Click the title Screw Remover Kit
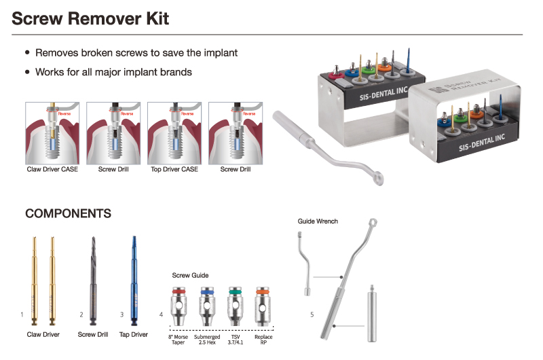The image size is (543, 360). point(90,18)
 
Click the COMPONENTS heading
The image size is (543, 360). point(68,213)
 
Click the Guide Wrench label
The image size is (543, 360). point(318,221)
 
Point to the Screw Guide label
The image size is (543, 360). point(190,275)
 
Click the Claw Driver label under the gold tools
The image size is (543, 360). point(43,334)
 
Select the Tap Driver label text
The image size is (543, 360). point(134,334)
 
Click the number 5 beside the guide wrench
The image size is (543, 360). point(312,314)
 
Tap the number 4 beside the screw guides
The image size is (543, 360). point(161,314)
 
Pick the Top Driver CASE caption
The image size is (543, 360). point(174,169)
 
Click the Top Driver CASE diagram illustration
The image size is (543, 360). point(174,132)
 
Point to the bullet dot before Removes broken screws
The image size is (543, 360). point(27,52)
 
